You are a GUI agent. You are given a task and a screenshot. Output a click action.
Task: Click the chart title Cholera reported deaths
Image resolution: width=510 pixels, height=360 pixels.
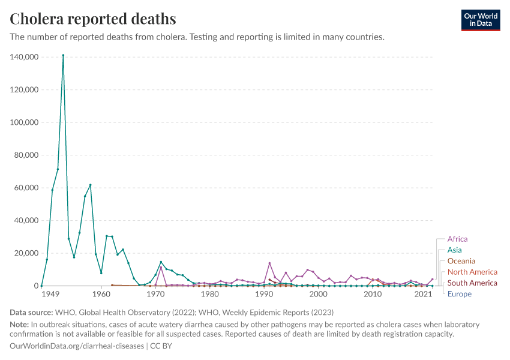coord(93,19)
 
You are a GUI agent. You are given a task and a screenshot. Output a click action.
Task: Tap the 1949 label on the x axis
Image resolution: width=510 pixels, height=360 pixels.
coord(50,295)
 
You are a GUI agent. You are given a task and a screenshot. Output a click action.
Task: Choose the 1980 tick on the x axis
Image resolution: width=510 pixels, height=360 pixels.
coord(209,295)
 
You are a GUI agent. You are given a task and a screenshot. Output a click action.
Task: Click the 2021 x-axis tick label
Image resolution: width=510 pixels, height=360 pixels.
coord(424,295)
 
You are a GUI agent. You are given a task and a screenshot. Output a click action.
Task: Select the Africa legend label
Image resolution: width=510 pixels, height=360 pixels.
coord(457,239)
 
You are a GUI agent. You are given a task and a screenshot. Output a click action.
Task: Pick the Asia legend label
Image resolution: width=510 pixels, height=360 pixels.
coord(454,250)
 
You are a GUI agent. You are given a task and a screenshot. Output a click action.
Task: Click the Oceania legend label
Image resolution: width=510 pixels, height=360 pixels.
coord(461,261)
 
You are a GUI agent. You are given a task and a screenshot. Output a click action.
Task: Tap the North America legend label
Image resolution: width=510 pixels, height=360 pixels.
coord(472,272)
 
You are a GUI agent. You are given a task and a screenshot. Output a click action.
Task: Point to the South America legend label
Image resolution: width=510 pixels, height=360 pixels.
coord(472,283)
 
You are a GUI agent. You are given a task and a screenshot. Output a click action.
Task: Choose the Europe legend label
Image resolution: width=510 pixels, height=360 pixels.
coord(459,294)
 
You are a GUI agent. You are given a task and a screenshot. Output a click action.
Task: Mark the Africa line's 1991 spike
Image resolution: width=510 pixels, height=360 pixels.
coord(269,263)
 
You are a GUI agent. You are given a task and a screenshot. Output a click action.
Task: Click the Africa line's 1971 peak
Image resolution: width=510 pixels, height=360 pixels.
coord(161,267)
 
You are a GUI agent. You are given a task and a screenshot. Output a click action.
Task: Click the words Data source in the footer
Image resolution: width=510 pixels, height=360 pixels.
coord(31,313)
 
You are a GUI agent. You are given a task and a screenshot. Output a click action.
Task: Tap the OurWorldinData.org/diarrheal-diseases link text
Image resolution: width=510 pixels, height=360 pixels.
coord(77,346)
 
